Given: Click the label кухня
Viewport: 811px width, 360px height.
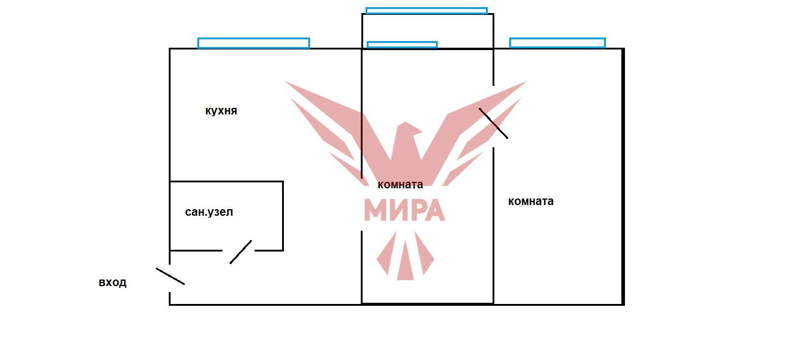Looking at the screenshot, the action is click(221, 111).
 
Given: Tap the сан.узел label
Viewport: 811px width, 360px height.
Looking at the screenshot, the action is click(209, 212).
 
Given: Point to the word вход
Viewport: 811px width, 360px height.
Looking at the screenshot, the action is click(113, 283).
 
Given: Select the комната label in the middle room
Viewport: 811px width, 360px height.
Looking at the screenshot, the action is click(400, 184).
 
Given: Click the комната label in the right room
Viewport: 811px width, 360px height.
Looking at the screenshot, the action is click(531, 201).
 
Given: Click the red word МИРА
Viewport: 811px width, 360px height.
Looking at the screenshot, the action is click(404, 209).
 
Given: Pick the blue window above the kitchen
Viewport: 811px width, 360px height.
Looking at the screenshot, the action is click(253, 43).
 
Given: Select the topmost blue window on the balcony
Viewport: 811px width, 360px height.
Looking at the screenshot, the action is click(426, 10).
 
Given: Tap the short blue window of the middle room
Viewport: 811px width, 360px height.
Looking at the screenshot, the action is click(402, 45).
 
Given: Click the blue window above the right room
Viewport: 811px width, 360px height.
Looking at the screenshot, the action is click(557, 42).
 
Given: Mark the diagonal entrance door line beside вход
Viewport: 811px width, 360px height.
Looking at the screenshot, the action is click(171, 276).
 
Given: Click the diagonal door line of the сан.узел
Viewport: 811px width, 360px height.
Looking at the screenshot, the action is click(240, 252).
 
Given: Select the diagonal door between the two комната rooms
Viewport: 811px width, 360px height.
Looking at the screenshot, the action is click(493, 123).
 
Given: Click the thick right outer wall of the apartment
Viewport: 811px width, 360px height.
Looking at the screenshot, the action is click(623, 179).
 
